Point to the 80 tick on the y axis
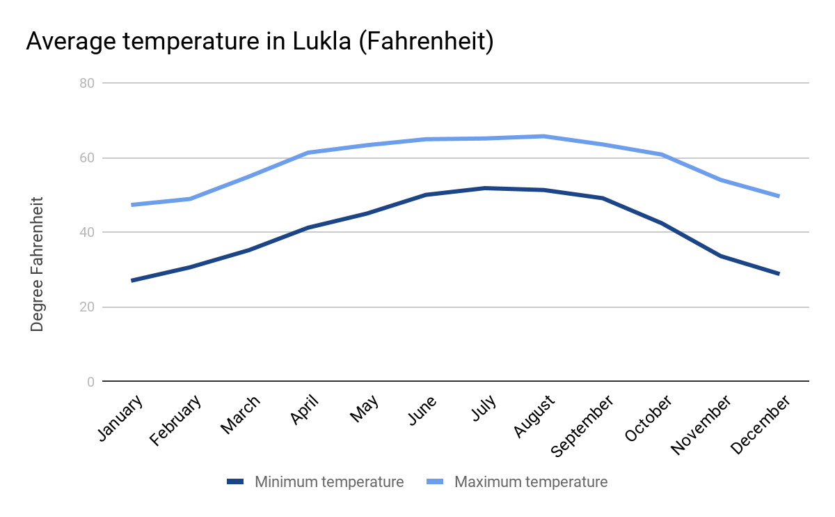[x=88, y=83]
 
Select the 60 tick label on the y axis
[x=88, y=158]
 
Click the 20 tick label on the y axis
[x=88, y=307]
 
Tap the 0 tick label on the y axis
[x=91, y=382]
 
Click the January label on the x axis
[x=120, y=417]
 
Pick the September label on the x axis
[x=582, y=426]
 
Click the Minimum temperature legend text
[x=329, y=481]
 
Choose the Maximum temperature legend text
[x=531, y=481]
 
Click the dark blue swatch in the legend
[x=236, y=481]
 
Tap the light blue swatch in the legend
[x=435, y=481]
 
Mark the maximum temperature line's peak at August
[x=543, y=136]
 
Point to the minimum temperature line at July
[x=484, y=188]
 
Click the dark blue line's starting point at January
[x=132, y=280]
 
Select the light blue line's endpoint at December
[x=779, y=196]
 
